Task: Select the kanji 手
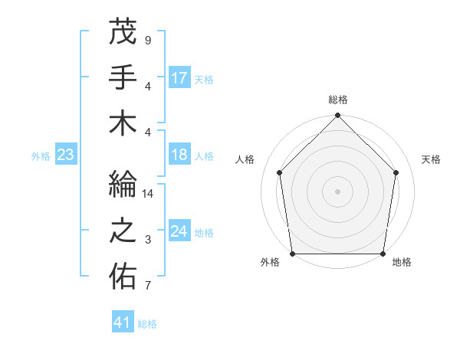pos(123,77)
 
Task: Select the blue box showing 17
pos(179,78)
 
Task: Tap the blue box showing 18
pos(179,155)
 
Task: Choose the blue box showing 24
pos(179,232)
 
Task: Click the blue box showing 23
pos(65,155)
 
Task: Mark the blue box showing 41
pos(123,323)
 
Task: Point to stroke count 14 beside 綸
pos(148,195)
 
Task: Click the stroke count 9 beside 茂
pos(147,40)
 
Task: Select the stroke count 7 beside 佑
pos(147,286)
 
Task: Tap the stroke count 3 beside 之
pos(147,241)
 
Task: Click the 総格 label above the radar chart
pos(337,100)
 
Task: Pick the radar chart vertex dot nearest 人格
pos(280,172)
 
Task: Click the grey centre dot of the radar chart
pos(337,191)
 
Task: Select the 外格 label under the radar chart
pos(270,263)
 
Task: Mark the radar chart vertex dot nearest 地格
pos(383,254)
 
